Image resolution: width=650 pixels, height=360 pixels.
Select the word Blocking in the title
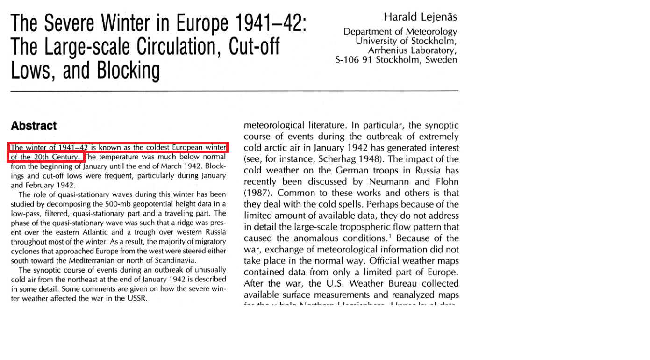point(128,71)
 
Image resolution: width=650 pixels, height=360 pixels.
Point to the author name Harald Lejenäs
point(420,17)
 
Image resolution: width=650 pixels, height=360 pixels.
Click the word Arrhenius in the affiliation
point(387,50)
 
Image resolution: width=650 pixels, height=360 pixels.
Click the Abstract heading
point(34,126)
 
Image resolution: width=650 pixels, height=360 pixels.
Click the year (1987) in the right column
point(257,193)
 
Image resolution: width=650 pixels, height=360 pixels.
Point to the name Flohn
point(445,182)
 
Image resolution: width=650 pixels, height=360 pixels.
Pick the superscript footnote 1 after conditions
point(392,236)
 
